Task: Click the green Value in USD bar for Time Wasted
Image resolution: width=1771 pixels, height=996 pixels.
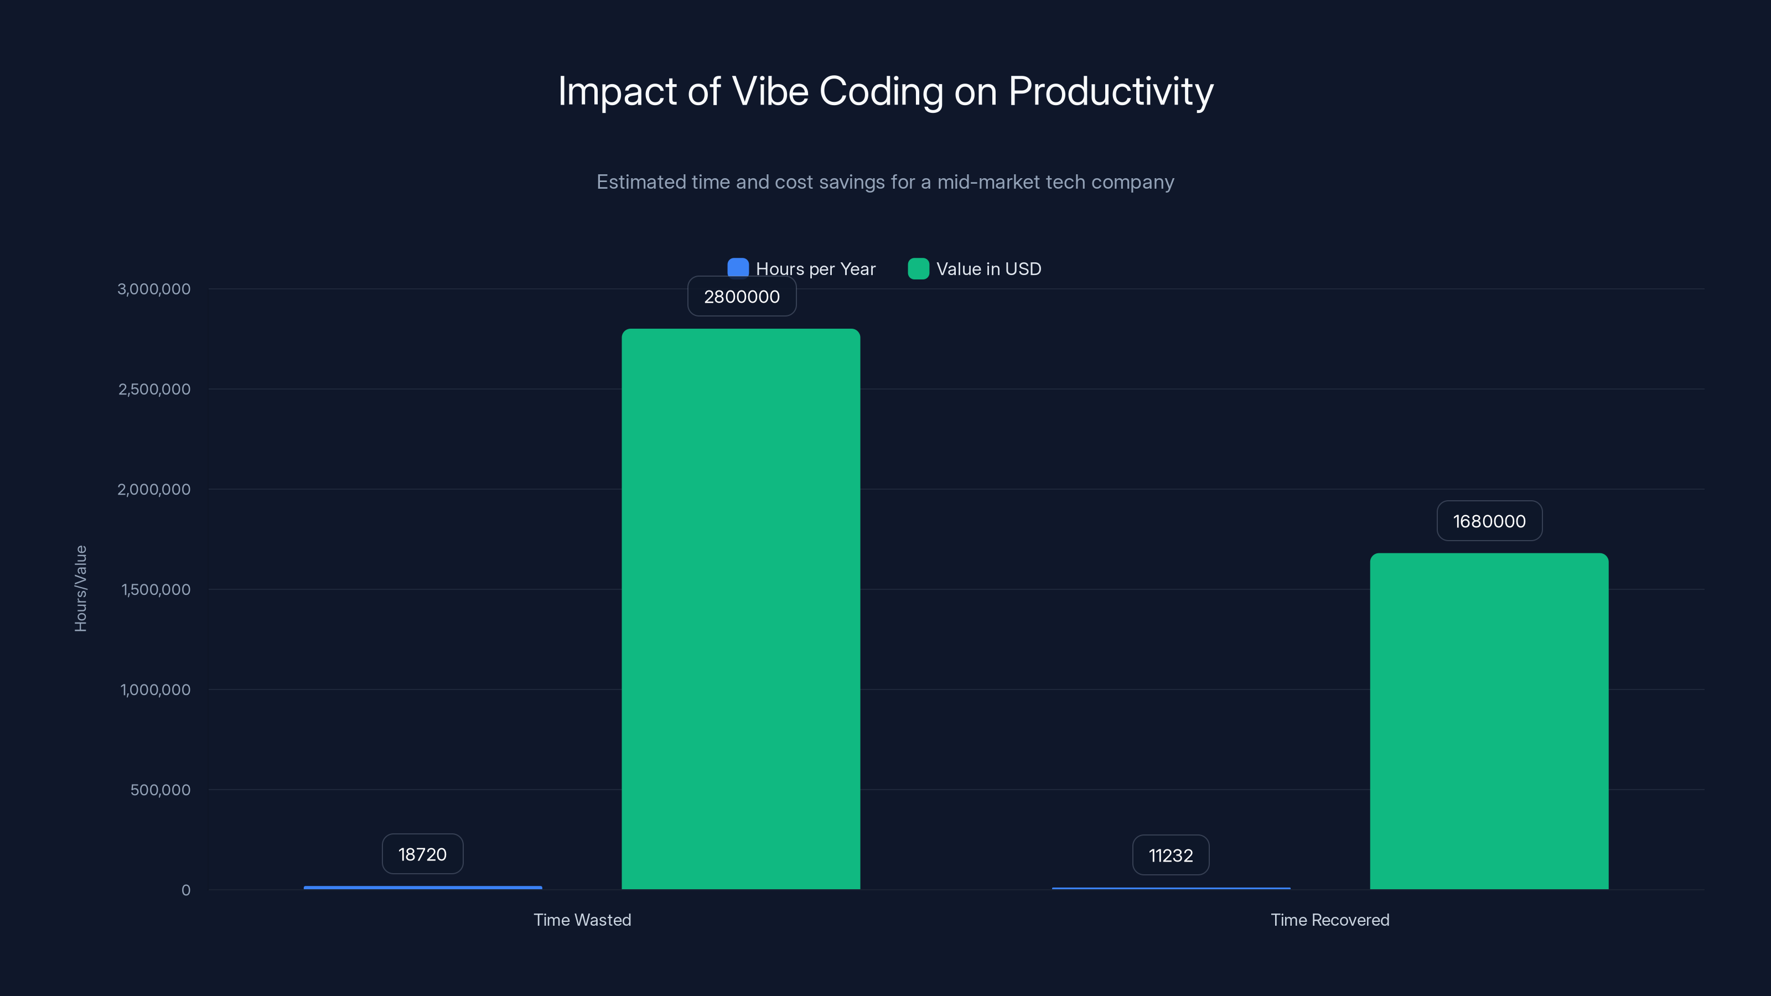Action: (740, 608)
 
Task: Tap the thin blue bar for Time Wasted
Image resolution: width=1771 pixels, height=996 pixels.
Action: (423, 888)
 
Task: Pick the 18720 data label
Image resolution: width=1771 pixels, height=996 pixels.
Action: (422, 854)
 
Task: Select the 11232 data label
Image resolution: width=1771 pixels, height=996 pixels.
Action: (1170, 855)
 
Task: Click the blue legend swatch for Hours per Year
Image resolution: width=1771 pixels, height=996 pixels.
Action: (738, 268)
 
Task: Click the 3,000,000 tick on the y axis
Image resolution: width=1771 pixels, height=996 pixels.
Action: (154, 289)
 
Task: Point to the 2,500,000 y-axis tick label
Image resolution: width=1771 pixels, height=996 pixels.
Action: (154, 389)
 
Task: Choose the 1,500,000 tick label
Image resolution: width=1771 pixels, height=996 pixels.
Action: (156, 589)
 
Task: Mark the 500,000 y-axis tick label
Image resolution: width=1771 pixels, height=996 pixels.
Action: (160, 790)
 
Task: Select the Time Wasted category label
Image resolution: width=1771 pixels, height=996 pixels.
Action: (582, 920)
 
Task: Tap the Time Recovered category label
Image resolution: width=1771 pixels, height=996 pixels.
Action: (1329, 920)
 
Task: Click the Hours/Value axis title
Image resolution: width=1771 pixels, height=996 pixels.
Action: (80, 588)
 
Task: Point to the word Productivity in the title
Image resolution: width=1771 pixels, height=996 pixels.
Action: (1110, 91)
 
